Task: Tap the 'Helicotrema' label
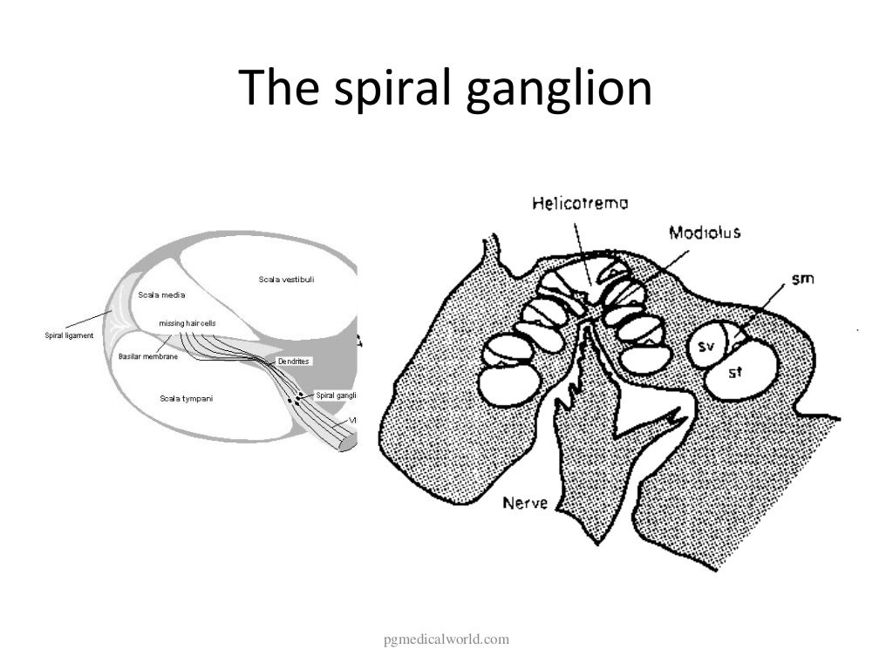[581, 204]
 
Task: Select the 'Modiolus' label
[705, 233]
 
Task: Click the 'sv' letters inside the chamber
[707, 348]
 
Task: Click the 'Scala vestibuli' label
[286, 280]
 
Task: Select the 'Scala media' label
[161, 294]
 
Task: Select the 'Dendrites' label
[294, 361]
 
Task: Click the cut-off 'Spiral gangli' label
[336, 395]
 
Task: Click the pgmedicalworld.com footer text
[446, 641]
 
